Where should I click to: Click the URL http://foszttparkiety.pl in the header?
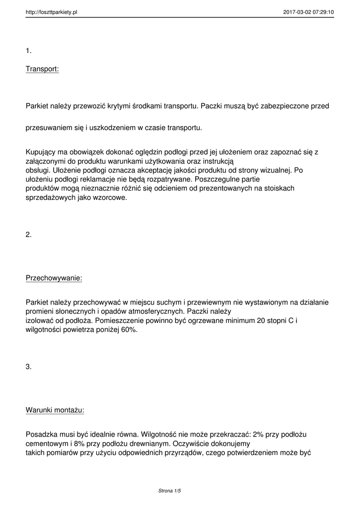(51, 12)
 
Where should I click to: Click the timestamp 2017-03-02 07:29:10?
(308, 12)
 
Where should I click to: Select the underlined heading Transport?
(42, 69)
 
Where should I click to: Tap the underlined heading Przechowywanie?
(54, 278)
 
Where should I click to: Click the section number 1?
(29, 50)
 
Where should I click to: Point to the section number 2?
(29, 235)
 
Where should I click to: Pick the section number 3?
(29, 367)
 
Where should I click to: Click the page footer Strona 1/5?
(169, 491)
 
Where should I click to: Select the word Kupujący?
(42, 152)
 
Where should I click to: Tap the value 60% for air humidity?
(128, 330)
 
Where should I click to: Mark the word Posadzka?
(42, 434)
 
